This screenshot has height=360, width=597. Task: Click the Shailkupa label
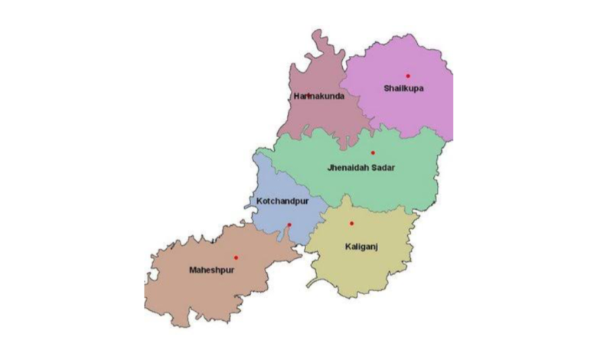click(403, 88)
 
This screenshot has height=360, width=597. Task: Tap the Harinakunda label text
click(319, 97)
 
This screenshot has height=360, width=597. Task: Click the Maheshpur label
click(210, 270)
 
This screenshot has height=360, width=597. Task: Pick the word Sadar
click(384, 168)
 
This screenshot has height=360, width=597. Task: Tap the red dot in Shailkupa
click(408, 76)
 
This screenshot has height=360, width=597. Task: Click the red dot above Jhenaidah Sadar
click(373, 153)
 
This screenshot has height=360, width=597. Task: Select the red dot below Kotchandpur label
click(289, 224)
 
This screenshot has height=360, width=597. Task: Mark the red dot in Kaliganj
click(351, 224)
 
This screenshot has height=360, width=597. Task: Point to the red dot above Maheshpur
click(236, 257)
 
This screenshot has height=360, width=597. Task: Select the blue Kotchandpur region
click(276, 218)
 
